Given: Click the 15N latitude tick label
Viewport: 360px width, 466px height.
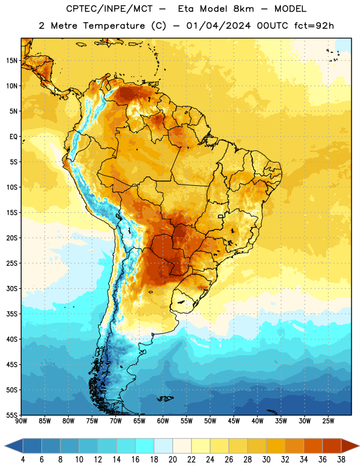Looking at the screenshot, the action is (x=12, y=61).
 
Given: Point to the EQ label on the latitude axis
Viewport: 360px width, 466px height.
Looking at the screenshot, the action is (x=13, y=137).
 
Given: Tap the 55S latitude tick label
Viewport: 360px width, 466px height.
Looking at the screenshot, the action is (x=12, y=415).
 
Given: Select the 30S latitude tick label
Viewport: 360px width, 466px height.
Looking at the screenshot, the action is (x=12, y=288).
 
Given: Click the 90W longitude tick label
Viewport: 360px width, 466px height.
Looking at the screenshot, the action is (x=21, y=421).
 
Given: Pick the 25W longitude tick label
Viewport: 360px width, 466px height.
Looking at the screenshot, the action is (x=328, y=421).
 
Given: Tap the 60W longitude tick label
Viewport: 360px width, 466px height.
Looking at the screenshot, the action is (x=163, y=421).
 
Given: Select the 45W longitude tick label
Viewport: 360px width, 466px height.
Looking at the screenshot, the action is (x=234, y=421).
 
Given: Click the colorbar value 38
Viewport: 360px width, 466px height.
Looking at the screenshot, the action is (x=341, y=460).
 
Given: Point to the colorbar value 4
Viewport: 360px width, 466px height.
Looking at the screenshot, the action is (x=23, y=460).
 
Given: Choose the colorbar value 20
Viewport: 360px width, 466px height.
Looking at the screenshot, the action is (x=172, y=460).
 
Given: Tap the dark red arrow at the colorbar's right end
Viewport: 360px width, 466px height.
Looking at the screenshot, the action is (x=350, y=446).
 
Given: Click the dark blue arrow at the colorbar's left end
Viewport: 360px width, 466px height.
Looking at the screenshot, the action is (x=13, y=446).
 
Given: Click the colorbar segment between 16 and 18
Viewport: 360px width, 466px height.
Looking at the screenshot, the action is (x=144, y=446).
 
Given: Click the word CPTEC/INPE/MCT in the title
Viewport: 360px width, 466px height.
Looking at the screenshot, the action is (x=109, y=9).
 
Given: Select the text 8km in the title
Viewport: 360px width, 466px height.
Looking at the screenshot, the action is (x=243, y=9).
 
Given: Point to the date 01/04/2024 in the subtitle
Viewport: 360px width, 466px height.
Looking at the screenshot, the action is (x=218, y=26).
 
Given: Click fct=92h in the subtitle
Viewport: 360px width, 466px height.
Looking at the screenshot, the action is (x=314, y=26).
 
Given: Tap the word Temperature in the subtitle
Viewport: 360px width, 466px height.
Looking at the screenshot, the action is (x=114, y=26).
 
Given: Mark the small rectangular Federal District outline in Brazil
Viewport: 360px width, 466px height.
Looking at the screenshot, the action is (x=221, y=216).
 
